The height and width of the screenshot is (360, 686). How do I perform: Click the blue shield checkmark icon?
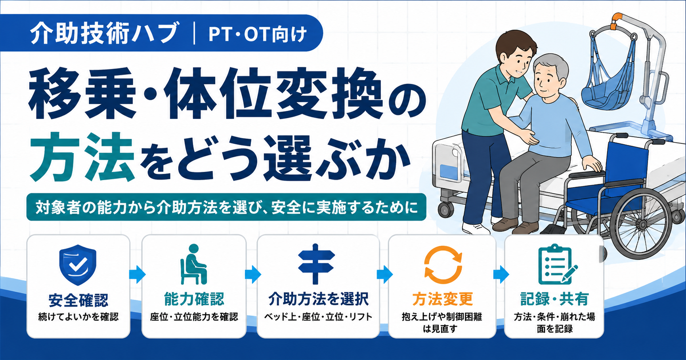click(78, 265)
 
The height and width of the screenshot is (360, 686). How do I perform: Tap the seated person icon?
click(193, 264)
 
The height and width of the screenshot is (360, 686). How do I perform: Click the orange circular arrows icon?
click(443, 265)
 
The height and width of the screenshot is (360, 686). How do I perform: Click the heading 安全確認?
click(78, 300)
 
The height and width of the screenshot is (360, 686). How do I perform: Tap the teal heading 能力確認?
click(194, 299)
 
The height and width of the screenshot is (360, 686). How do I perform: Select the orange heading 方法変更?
click(442, 299)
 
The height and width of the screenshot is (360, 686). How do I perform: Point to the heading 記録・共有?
click(554, 299)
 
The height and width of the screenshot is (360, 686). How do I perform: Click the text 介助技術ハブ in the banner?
click(104, 33)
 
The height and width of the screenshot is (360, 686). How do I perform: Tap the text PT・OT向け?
click(258, 34)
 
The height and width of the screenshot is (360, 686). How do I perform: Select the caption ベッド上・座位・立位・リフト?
click(318, 317)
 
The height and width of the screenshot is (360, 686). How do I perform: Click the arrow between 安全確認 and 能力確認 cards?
click(137, 274)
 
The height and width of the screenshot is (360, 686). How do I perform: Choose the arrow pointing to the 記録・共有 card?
click(501, 274)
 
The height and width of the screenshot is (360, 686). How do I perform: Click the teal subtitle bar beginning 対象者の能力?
click(226, 207)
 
